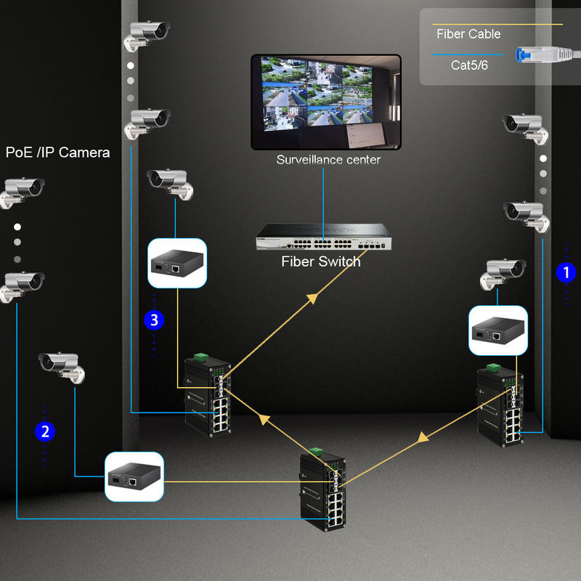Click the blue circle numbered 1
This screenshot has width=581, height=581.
pyautogui.click(x=565, y=273)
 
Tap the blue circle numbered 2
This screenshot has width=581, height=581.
pyautogui.click(x=45, y=432)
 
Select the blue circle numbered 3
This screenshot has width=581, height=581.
pyautogui.click(x=153, y=320)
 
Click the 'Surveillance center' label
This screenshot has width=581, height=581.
pyautogui.click(x=328, y=160)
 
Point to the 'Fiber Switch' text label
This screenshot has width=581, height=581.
pyautogui.click(x=320, y=261)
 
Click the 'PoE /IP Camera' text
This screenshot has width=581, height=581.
pyautogui.click(x=58, y=153)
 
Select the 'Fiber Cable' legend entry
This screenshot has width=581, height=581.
pyautogui.click(x=468, y=34)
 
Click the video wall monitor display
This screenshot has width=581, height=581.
pyautogui.click(x=326, y=101)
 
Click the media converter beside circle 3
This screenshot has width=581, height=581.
pyautogui.click(x=177, y=263)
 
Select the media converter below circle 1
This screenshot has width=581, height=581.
pyautogui.click(x=498, y=330)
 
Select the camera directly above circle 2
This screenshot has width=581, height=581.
pyautogui.click(x=62, y=365)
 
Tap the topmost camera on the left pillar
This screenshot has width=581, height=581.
pyautogui.click(x=147, y=35)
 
